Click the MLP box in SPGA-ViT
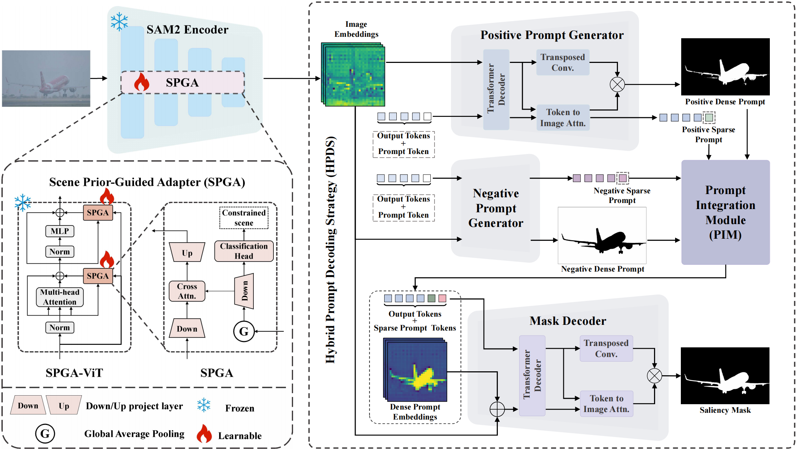tap(60, 231)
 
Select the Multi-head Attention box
tap(60, 297)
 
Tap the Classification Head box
tap(244, 251)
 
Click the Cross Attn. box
tap(187, 291)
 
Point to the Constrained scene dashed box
tap(244, 218)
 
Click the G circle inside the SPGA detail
tap(244, 331)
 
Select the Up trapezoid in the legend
tap(64, 406)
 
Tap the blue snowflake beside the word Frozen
tap(204, 405)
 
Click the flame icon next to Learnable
tap(204, 434)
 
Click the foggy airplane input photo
tap(46, 78)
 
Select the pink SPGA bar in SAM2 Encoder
tap(183, 83)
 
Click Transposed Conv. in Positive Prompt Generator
tap(563, 63)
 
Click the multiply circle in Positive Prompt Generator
tap(617, 85)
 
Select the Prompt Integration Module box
tap(725, 212)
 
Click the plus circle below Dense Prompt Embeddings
tap(497, 409)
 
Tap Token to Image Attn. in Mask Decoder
tap(606, 404)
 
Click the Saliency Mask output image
tap(725, 376)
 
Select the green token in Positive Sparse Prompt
tap(709, 117)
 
